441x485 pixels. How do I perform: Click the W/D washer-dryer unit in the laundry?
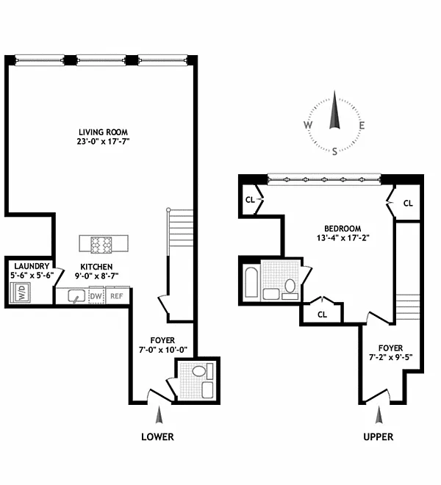[20, 292]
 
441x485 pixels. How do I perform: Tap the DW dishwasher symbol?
[96, 296]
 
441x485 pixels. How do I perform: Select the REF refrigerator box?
[117, 296]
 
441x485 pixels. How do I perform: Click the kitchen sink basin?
[76, 296]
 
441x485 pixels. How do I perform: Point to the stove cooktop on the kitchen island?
[101, 245]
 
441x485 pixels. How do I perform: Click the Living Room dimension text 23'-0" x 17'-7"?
[103, 142]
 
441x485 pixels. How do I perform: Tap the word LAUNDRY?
[32, 266]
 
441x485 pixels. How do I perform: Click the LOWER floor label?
[157, 436]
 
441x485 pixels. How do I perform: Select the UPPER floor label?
[379, 436]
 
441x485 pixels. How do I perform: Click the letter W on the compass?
[308, 125]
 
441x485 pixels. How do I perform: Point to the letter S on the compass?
[334, 151]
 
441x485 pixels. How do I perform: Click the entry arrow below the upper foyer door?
[379, 415]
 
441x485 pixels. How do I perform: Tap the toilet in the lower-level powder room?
[199, 371]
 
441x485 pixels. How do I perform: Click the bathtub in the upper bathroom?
[251, 282]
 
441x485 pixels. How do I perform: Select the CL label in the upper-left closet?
[250, 200]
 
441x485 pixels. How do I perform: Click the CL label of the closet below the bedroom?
[322, 315]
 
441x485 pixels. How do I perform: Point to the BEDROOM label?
[343, 229]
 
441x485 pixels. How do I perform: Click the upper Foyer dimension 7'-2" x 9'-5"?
[390, 357]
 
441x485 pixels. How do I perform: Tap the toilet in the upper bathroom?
[290, 286]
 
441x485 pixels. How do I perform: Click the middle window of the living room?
[101, 60]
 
